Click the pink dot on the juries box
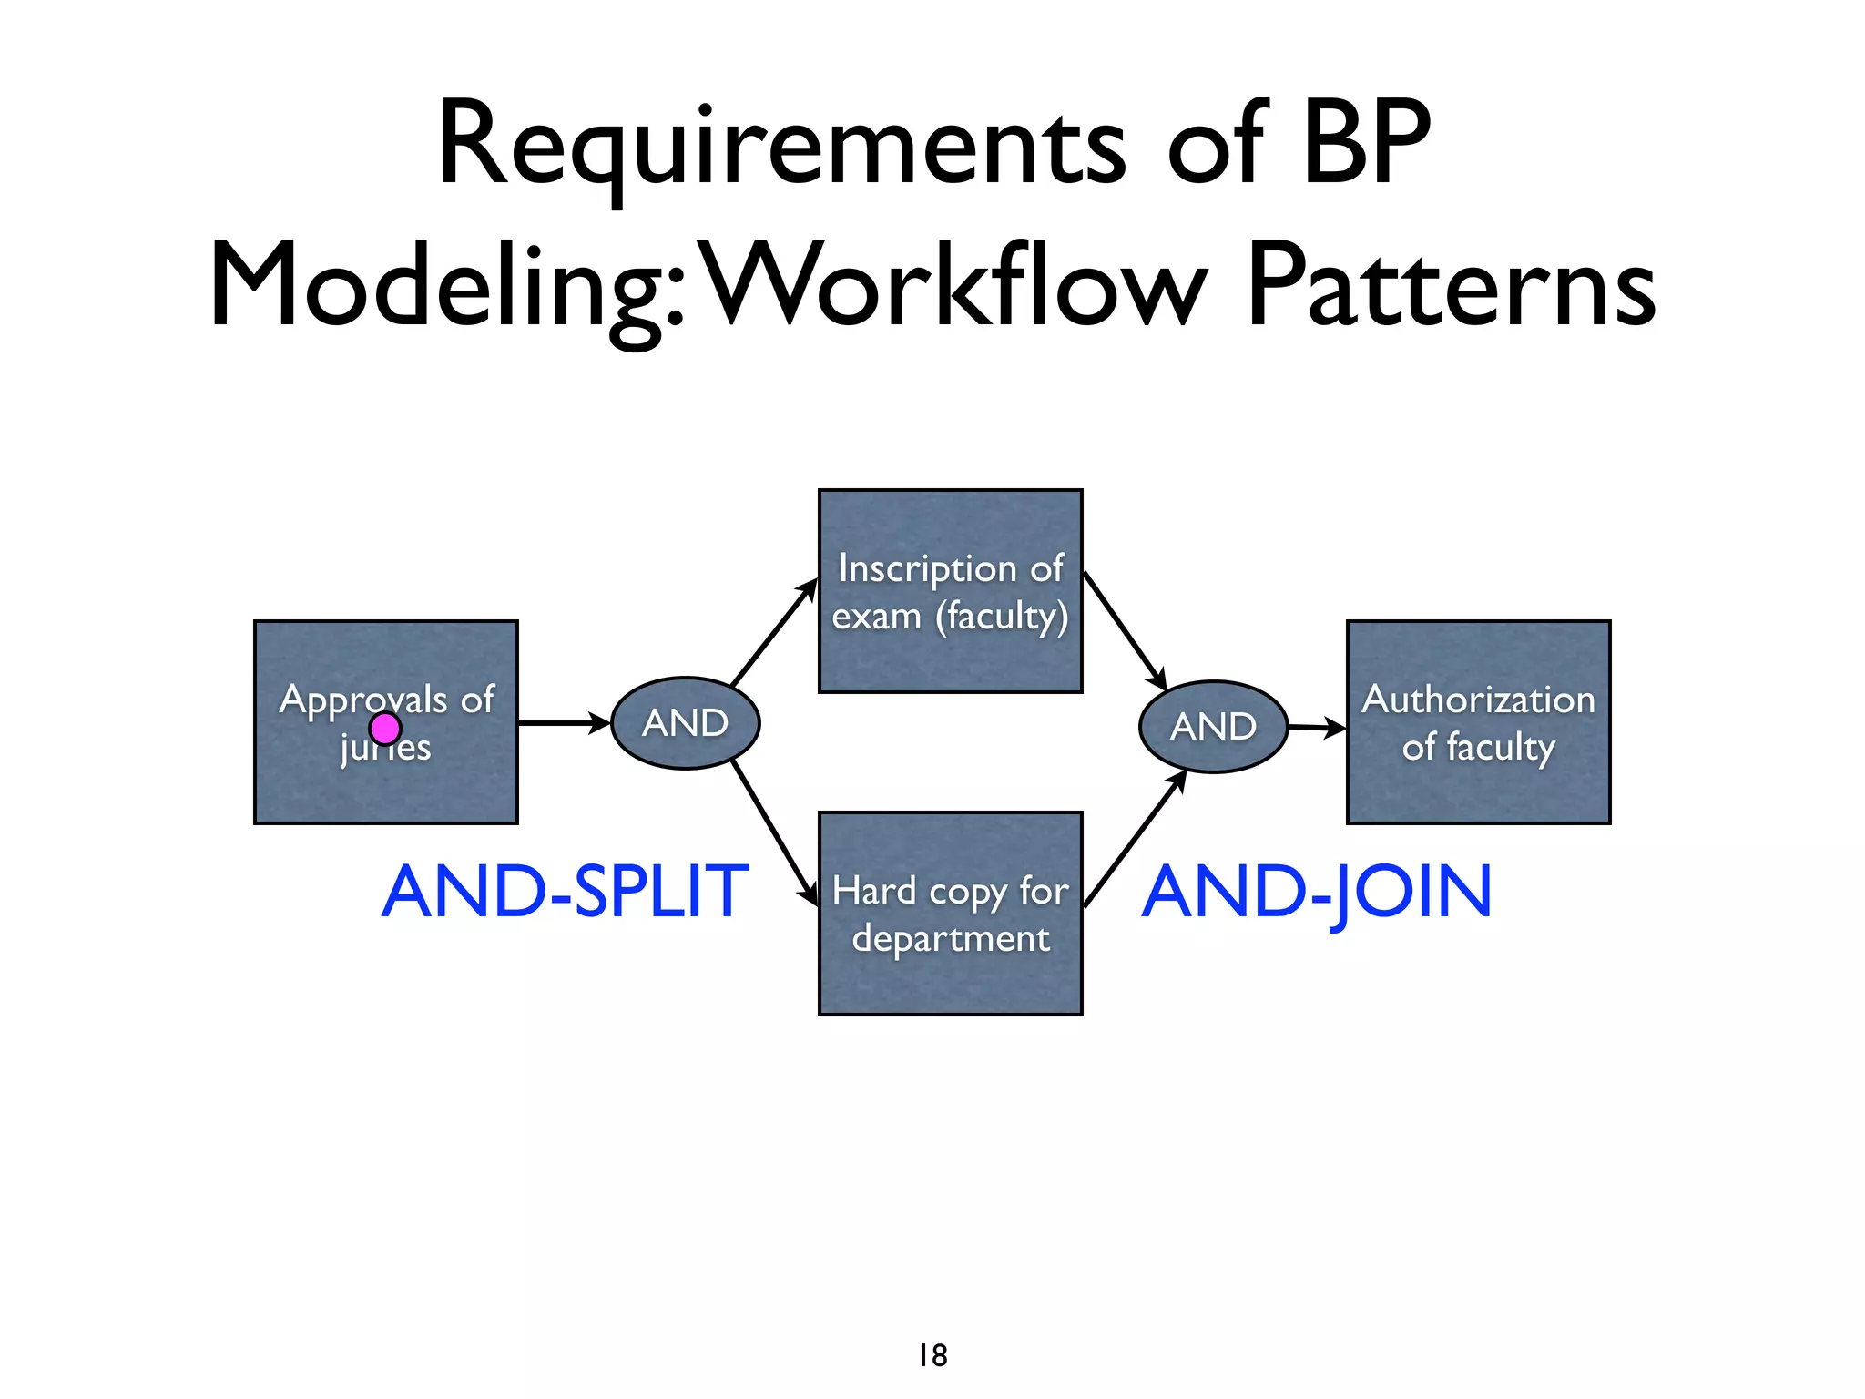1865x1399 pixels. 385,729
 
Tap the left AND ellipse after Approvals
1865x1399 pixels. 685,723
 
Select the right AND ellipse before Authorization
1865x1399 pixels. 1213,727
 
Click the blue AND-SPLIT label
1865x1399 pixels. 566,892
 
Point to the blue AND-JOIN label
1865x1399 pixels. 1317,892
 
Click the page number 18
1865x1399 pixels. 932,1355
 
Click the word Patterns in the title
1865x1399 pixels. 1450,284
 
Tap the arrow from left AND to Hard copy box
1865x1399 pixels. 774,833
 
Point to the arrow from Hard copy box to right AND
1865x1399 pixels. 1135,839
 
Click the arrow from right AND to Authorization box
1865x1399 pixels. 1317,728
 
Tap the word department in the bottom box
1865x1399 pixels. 951,938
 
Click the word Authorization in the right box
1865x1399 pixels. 1478,699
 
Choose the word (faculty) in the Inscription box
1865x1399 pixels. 1002,617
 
